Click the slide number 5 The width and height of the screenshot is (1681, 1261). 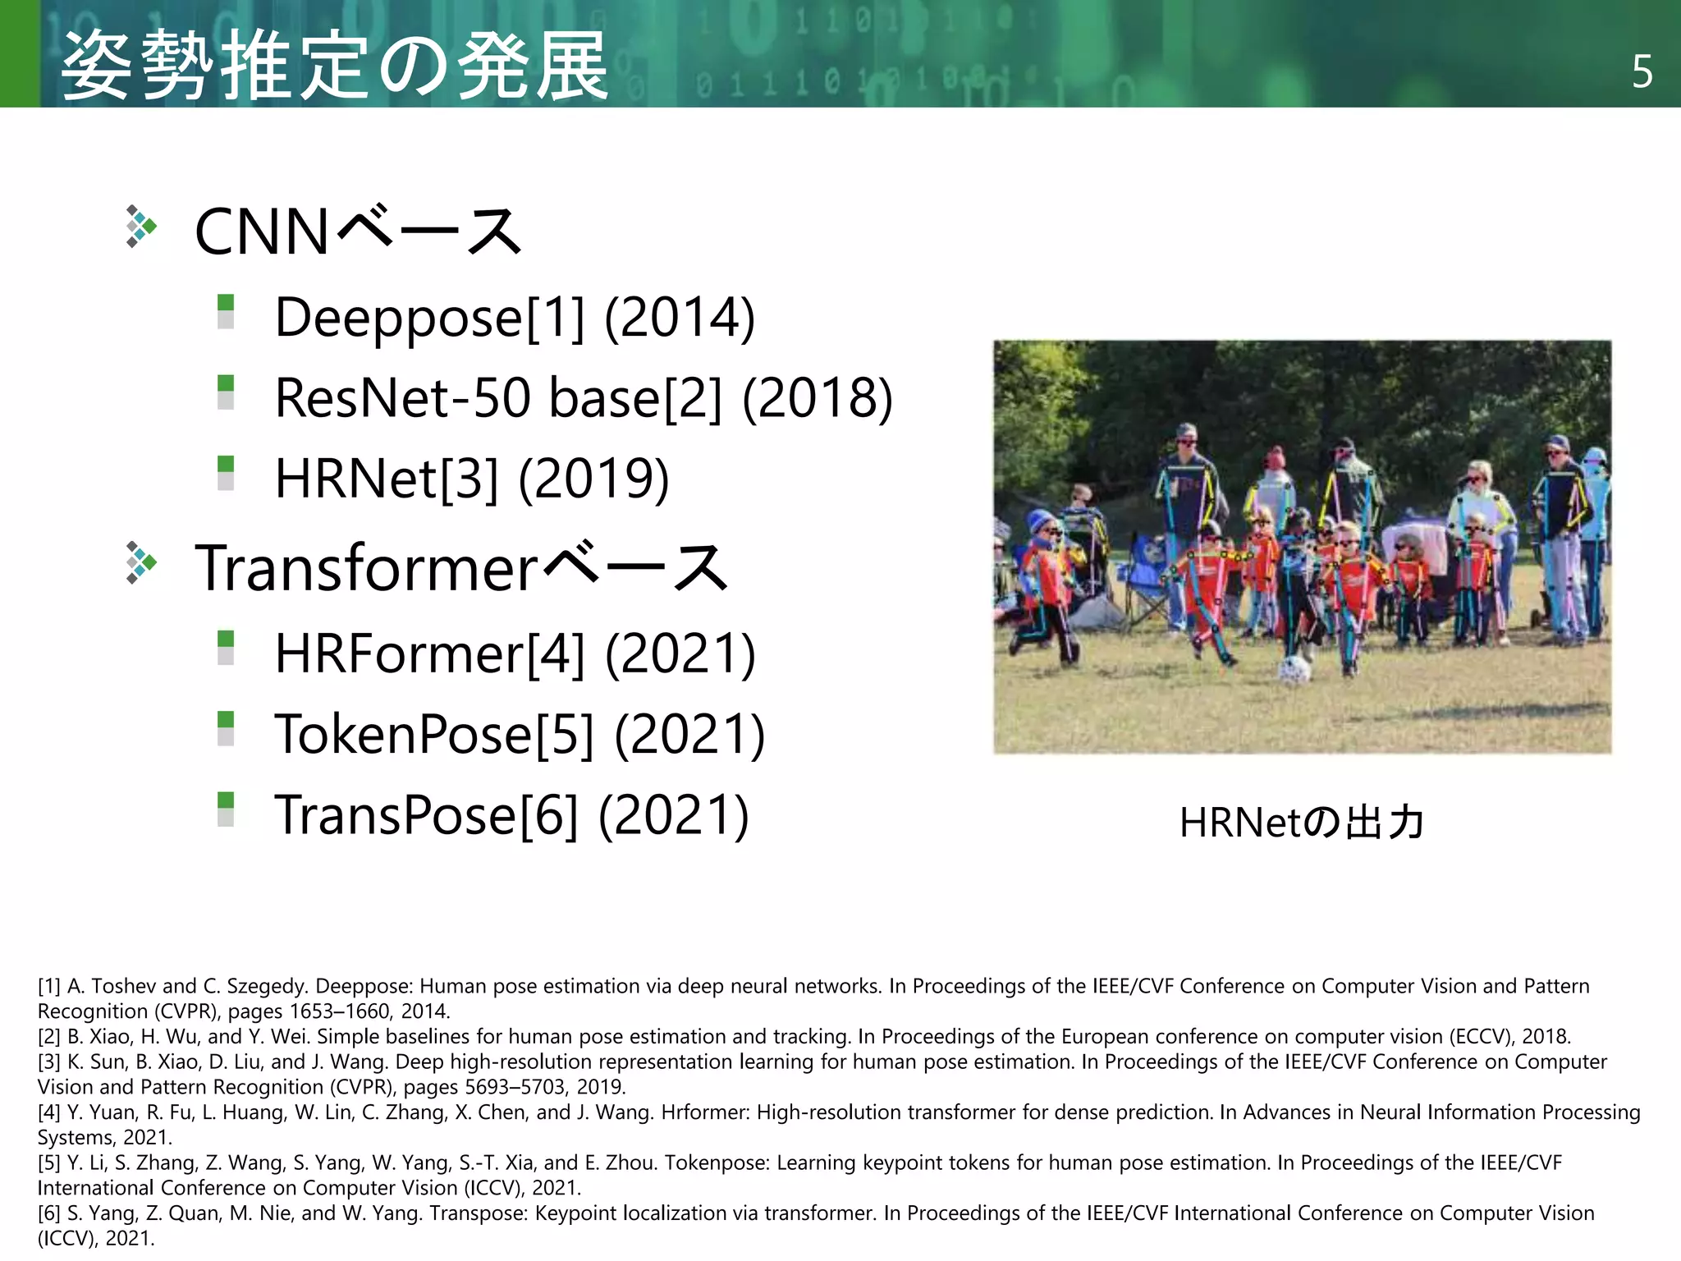[x=1642, y=72]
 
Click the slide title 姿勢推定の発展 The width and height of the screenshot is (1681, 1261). [x=335, y=66]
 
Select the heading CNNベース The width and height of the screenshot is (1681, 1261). [x=358, y=232]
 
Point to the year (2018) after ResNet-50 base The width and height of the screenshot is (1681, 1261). [x=817, y=398]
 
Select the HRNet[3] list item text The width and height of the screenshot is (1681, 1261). [x=387, y=479]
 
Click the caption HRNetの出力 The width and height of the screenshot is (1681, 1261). [x=1302, y=822]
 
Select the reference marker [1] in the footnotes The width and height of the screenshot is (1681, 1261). [x=49, y=986]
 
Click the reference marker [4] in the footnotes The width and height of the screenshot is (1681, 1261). [x=49, y=1112]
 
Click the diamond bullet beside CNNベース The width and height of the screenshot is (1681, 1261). [x=141, y=227]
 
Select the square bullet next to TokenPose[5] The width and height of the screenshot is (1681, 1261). [x=226, y=728]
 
